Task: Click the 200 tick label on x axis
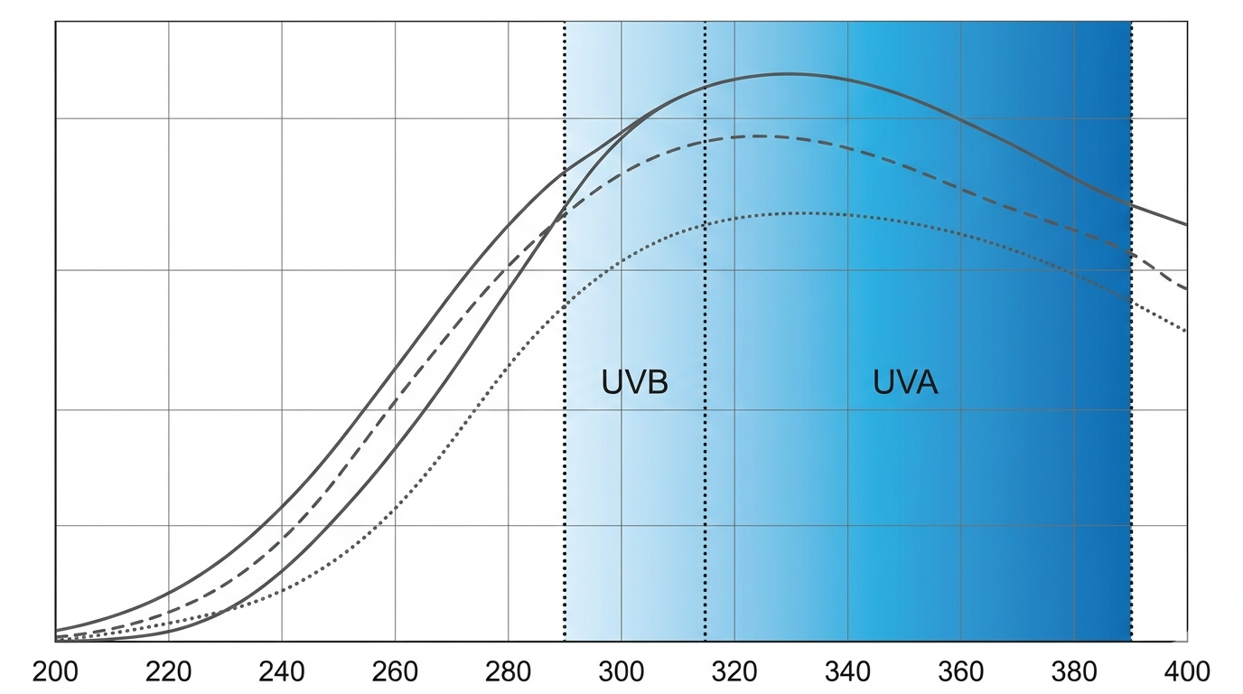(55, 672)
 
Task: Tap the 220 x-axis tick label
(168, 672)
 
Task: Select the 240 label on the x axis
(282, 672)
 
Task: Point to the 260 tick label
(395, 672)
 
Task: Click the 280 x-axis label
(509, 672)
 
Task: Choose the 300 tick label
(621, 672)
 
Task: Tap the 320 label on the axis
(734, 672)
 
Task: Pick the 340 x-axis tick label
(847, 672)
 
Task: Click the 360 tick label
(960, 672)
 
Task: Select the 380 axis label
(1074, 672)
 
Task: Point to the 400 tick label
(1187, 672)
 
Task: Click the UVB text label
(634, 382)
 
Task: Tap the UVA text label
(905, 382)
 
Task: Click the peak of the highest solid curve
(786, 74)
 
